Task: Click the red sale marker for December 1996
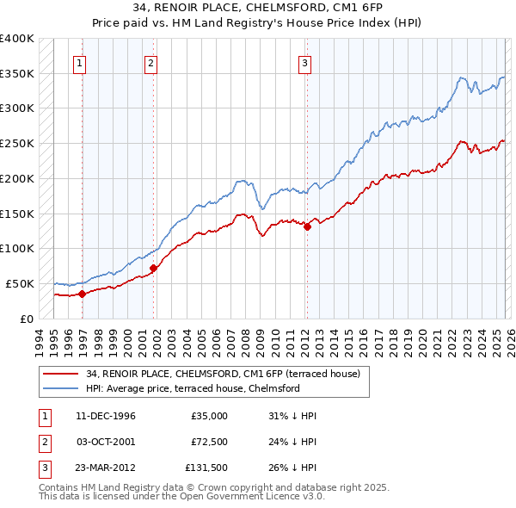point(83,294)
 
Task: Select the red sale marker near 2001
point(154,268)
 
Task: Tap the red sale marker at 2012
point(307,226)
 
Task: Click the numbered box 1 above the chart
point(80,61)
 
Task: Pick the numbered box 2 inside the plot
point(150,61)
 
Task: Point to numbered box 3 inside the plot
point(304,61)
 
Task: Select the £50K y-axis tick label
point(21,283)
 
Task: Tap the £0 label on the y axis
point(26,319)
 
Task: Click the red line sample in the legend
point(61,373)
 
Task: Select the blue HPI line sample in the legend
point(61,388)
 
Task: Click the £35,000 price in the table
point(209,416)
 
